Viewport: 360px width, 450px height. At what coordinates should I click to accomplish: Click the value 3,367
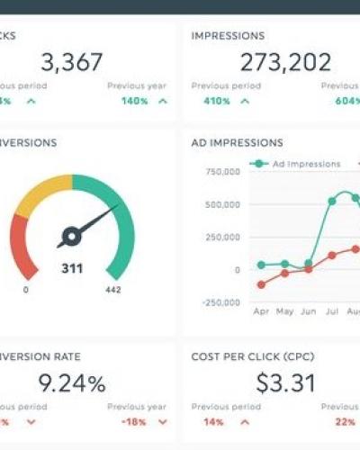pyautogui.click(x=71, y=62)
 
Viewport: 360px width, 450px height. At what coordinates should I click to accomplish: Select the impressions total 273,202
pyautogui.click(x=286, y=62)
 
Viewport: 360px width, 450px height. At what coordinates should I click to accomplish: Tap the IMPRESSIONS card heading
pyautogui.click(x=228, y=36)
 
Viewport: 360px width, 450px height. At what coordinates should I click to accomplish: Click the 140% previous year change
pyautogui.click(x=134, y=101)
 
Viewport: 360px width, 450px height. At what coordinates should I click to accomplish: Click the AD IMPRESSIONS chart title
pyautogui.click(x=237, y=143)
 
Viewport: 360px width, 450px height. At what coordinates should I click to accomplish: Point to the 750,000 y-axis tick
pyautogui.click(x=222, y=171)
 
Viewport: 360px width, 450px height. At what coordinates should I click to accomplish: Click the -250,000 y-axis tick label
pyautogui.click(x=220, y=302)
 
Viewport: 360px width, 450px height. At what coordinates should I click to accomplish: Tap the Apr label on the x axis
pyautogui.click(x=262, y=311)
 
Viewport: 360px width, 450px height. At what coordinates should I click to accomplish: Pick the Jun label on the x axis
pyautogui.click(x=309, y=311)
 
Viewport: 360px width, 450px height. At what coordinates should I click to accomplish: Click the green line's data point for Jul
pyautogui.click(x=332, y=201)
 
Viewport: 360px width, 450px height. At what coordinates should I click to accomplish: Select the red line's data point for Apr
pyautogui.click(x=262, y=284)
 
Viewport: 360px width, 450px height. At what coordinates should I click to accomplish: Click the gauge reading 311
pyautogui.click(x=71, y=267)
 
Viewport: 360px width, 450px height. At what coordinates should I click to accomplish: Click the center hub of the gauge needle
pyautogui.click(x=69, y=237)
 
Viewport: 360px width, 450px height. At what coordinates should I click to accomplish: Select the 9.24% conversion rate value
pyautogui.click(x=71, y=383)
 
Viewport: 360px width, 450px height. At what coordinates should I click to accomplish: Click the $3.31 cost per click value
pyautogui.click(x=285, y=383)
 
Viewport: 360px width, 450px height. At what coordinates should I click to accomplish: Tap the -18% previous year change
pyautogui.click(x=134, y=421)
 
